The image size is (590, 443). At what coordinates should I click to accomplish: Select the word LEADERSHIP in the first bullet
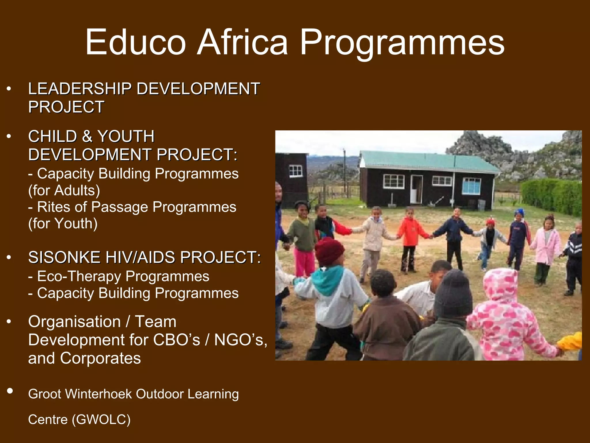click(x=80, y=89)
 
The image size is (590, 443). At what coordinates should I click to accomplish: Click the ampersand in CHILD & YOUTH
click(x=87, y=136)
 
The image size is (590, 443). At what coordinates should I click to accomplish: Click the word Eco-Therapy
click(x=79, y=276)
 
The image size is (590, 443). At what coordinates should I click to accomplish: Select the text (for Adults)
click(x=64, y=190)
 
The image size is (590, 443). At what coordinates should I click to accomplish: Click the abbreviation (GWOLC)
click(x=101, y=419)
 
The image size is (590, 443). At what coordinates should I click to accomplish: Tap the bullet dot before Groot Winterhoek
click(x=10, y=391)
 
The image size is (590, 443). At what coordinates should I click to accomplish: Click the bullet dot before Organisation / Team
click(x=9, y=322)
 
